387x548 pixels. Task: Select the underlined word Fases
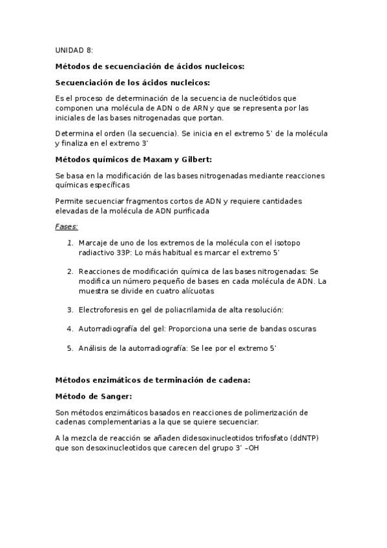coord(67,227)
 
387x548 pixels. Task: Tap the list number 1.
coord(70,242)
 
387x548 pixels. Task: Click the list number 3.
coord(70,310)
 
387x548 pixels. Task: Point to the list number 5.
coord(70,348)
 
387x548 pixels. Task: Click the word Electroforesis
coord(106,310)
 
